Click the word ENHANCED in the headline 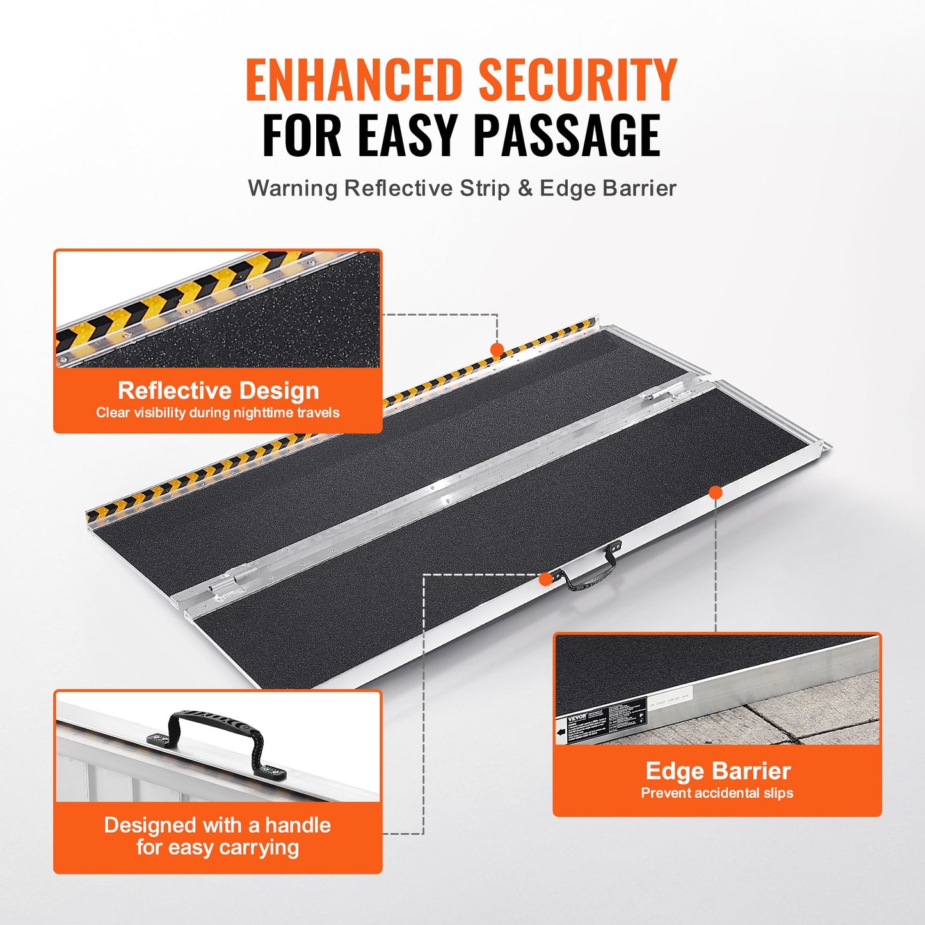point(353,80)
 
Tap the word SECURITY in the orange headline point(577,80)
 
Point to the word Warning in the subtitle point(293,188)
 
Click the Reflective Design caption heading point(218,390)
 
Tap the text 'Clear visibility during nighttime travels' point(218,413)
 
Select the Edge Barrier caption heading point(718,770)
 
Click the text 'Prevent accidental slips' point(717,793)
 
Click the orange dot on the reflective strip point(497,350)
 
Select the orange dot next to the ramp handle point(545,579)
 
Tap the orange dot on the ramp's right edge point(716,492)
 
